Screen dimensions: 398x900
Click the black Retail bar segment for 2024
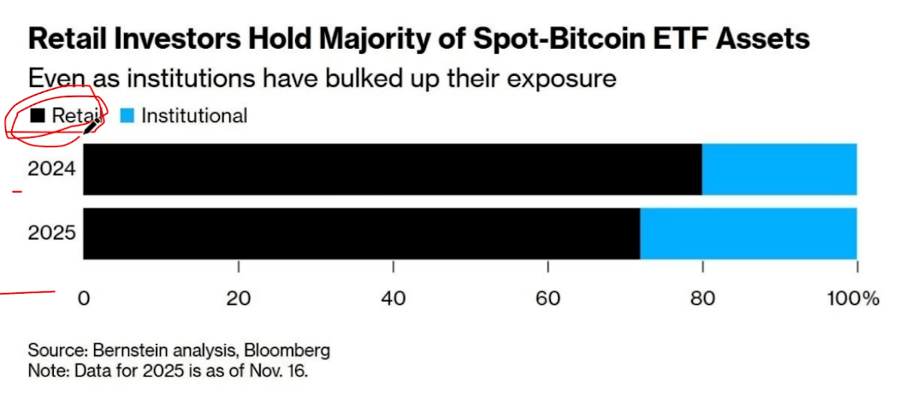392,168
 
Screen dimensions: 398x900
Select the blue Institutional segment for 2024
779,168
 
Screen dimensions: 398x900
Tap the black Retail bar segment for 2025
361,233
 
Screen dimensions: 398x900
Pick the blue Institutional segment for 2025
748,233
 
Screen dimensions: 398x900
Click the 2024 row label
52,168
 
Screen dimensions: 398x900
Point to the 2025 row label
52,233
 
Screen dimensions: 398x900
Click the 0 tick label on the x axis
84,298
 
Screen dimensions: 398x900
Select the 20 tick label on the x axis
239,298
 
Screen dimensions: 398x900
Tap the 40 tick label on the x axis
393,298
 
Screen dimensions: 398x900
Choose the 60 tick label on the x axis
548,298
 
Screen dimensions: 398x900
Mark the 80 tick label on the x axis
702,298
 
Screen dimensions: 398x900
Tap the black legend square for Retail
38,116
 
